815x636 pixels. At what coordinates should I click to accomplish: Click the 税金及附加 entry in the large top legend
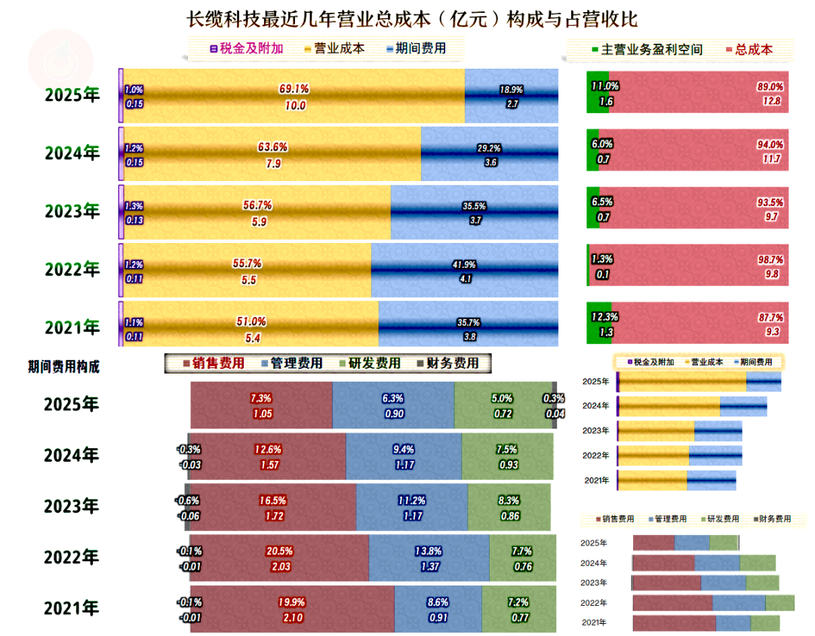pyautogui.click(x=252, y=49)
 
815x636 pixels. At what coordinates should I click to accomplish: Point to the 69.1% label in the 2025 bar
pyautogui.click(x=294, y=89)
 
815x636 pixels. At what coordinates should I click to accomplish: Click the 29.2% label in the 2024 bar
pyautogui.click(x=489, y=149)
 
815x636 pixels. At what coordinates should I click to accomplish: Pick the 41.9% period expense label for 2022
pyautogui.click(x=465, y=265)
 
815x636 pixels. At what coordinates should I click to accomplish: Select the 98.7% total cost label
pyautogui.click(x=770, y=260)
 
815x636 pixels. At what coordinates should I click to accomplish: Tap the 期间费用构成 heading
pyautogui.click(x=63, y=367)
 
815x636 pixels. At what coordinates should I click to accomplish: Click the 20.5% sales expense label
pyautogui.click(x=279, y=552)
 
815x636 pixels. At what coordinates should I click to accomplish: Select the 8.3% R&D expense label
pyautogui.click(x=509, y=500)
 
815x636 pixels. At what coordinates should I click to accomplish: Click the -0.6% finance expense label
pyautogui.click(x=189, y=500)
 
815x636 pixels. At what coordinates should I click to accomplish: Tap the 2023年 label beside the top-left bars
pyautogui.click(x=72, y=211)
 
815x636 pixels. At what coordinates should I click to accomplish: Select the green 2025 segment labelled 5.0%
pyautogui.click(x=503, y=406)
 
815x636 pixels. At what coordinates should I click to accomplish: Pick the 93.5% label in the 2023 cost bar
pyautogui.click(x=770, y=202)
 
